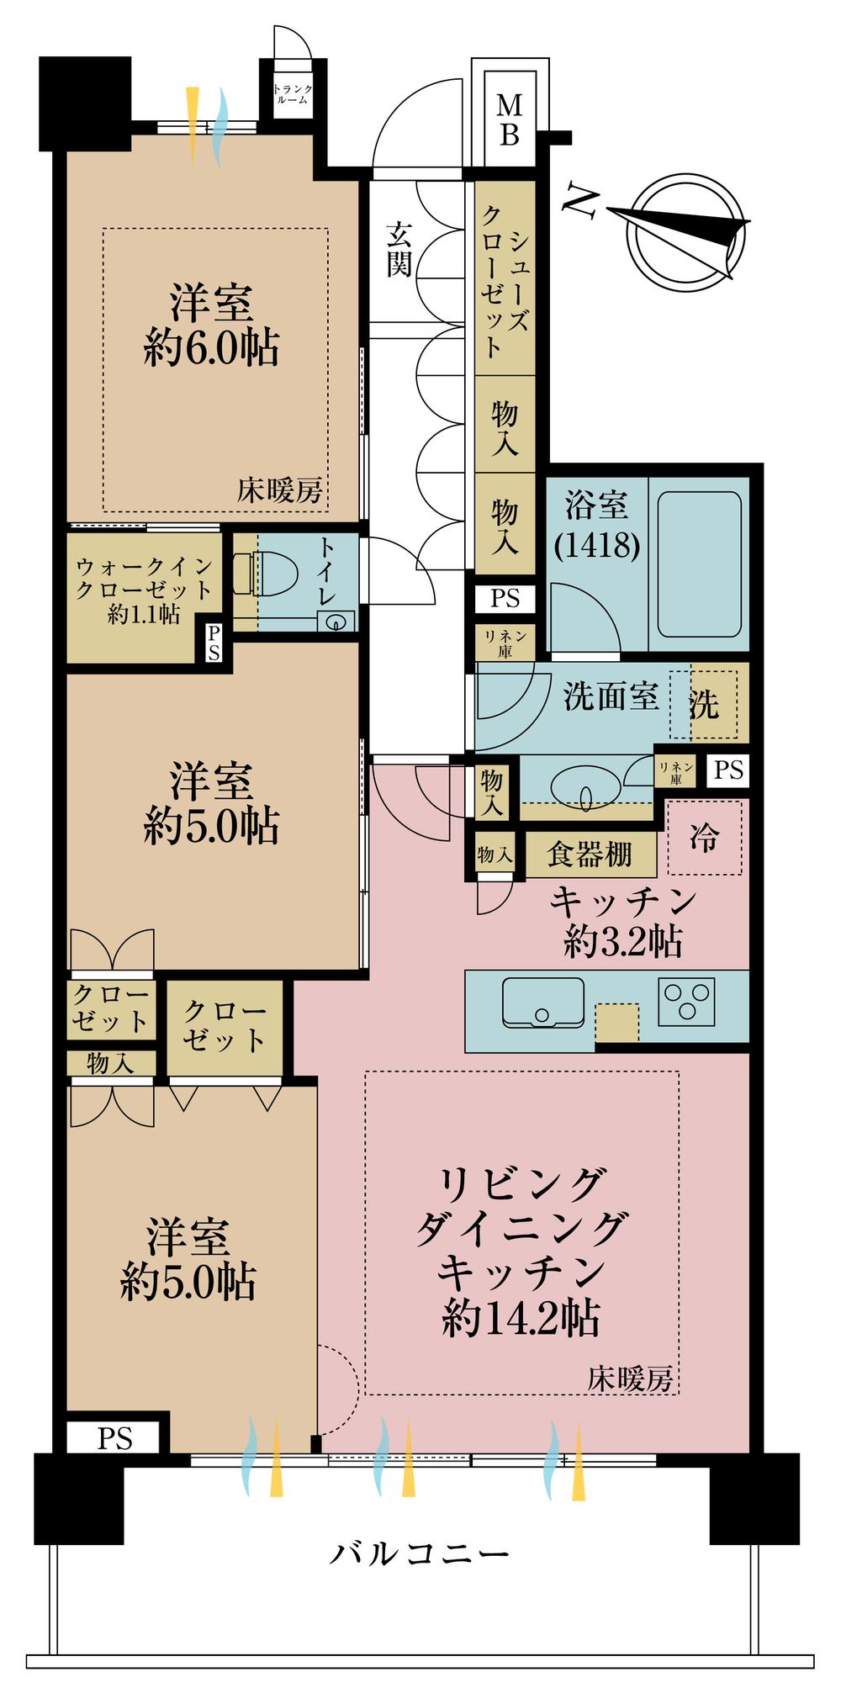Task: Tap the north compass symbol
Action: coord(685,228)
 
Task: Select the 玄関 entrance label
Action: coord(399,249)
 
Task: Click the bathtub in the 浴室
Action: coord(699,565)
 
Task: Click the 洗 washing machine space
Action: coord(705,704)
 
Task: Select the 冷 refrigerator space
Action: coord(705,837)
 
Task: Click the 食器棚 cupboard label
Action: coord(590,855)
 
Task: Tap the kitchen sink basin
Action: coord(542,1002)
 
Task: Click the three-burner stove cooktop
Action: coord(687,1002)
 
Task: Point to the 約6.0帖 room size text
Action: coord(211,347)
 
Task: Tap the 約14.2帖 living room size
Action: coord(521,1318)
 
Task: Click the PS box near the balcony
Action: coord(114,1438)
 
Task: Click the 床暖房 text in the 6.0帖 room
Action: coord(279,490)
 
